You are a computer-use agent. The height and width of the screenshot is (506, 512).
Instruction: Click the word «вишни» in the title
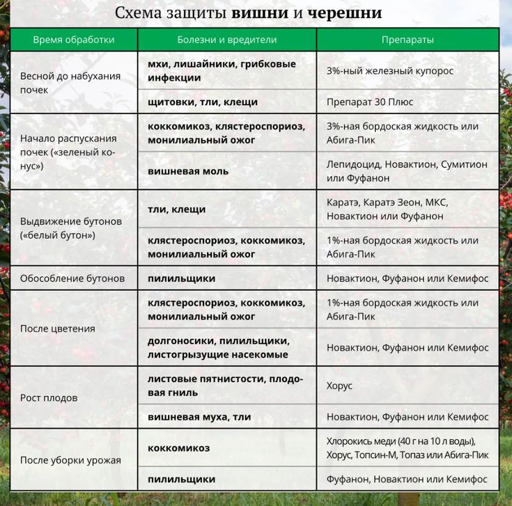pos(260,14)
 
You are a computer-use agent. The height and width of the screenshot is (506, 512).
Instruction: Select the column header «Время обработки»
pos(74,40)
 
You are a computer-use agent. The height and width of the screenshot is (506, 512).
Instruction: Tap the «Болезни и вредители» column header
pos(227,40)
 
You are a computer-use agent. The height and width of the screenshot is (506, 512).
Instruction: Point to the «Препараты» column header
pos(408,40)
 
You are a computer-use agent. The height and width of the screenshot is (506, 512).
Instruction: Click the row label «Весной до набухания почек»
pos(70,83)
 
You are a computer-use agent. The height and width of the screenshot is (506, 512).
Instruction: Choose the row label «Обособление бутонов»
pos(72,278)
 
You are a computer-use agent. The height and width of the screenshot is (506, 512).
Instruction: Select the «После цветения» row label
pos(58,329)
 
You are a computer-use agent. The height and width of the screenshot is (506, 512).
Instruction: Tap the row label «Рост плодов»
pos(49,398)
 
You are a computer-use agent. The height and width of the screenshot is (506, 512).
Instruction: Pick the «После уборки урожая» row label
pos(70,460)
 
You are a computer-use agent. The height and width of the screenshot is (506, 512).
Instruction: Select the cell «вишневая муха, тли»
pos(199,417)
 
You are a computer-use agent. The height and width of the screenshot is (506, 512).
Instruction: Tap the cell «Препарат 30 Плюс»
pos(370,102)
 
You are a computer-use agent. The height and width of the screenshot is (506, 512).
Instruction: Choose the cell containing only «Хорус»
pos(340,386)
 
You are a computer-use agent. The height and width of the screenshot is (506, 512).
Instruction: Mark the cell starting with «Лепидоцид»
pos(407,171)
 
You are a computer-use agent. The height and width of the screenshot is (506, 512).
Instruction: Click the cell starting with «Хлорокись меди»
pos(407,448)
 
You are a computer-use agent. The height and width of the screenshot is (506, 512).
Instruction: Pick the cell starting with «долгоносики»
pos(218,348)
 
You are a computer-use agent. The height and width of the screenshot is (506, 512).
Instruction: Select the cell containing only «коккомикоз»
pos(178,448)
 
